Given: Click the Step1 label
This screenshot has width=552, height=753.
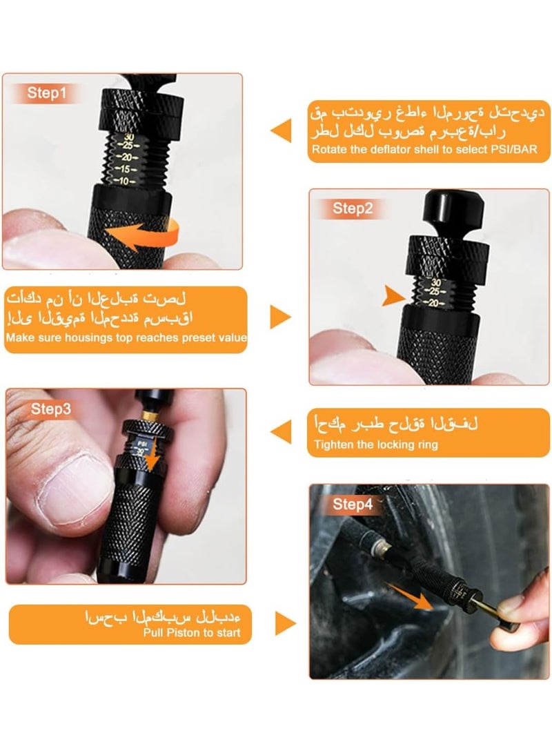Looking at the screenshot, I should pyautogui.click(x=47, y=93).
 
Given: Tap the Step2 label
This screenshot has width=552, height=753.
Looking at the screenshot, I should pyautogui.click(x=353, y=208).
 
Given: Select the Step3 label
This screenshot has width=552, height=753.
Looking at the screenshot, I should pyautogui.click(x=50, y=409).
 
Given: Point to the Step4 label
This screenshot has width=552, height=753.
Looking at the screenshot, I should pyautogui.click(x=352, y=505).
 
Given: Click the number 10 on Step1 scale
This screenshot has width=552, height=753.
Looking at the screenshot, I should pyautogui.click(x=124, y=181).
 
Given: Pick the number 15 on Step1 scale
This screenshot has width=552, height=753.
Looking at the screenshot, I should pyautogui.click(x=124, y=169).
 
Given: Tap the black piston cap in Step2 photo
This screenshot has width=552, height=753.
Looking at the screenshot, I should pyautogui.click(x=447, y=207).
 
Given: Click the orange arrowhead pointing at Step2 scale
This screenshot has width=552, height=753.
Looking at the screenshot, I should pyautogui.click(x=394, y=296).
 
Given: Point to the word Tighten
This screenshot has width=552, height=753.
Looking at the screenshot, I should pyautogui.click(x=333, y=445).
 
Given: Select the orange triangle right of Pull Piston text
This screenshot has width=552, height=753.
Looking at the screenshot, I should pyautogui.click(x=284, y=623).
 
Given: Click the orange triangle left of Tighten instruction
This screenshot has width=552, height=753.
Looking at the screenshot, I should pyautogui.click(x=281, y=433).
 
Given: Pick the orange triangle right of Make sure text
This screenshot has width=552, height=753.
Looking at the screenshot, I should pyautogui.click(x=279, y=317).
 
